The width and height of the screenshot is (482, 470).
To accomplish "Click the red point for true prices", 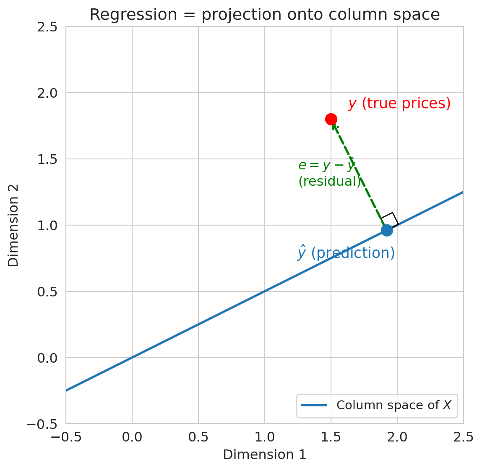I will pyautogui.click(x=331, y=119).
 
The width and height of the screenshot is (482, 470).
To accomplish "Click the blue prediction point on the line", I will pyautogui.click(x=387, y=230).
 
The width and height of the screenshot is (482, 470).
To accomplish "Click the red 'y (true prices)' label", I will pyautogui.click(x=399, y=104).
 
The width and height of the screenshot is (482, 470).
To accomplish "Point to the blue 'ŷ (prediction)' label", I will pyautogui.click(x=347, y=253).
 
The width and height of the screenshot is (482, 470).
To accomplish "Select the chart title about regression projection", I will pyautogui.click(x=265, y=15).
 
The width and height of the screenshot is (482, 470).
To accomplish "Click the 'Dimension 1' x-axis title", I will pyautogui.click(x=265, y=455).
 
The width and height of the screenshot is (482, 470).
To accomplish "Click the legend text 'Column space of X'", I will pyautogui.click(x=396, y=405).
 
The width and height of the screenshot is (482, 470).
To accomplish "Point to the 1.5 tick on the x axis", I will pyautogui.click(x=331, y=437).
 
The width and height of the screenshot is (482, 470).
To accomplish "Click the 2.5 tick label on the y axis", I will pyautogui.click(x=47, y=27).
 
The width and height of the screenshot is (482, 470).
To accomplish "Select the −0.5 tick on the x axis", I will pyautogui.click(x=66, y=437).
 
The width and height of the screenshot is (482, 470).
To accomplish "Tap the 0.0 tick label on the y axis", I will pyautogui.click(x=47, y=358).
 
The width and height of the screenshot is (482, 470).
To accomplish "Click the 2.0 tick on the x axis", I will pyautogui.click(x=397, y=437).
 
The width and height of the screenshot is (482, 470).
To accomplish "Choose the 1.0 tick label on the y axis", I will pyautogui.click(x=47, y=226).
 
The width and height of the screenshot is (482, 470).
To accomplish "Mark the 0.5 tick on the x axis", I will pyautogui.click(x=198, y=437).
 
